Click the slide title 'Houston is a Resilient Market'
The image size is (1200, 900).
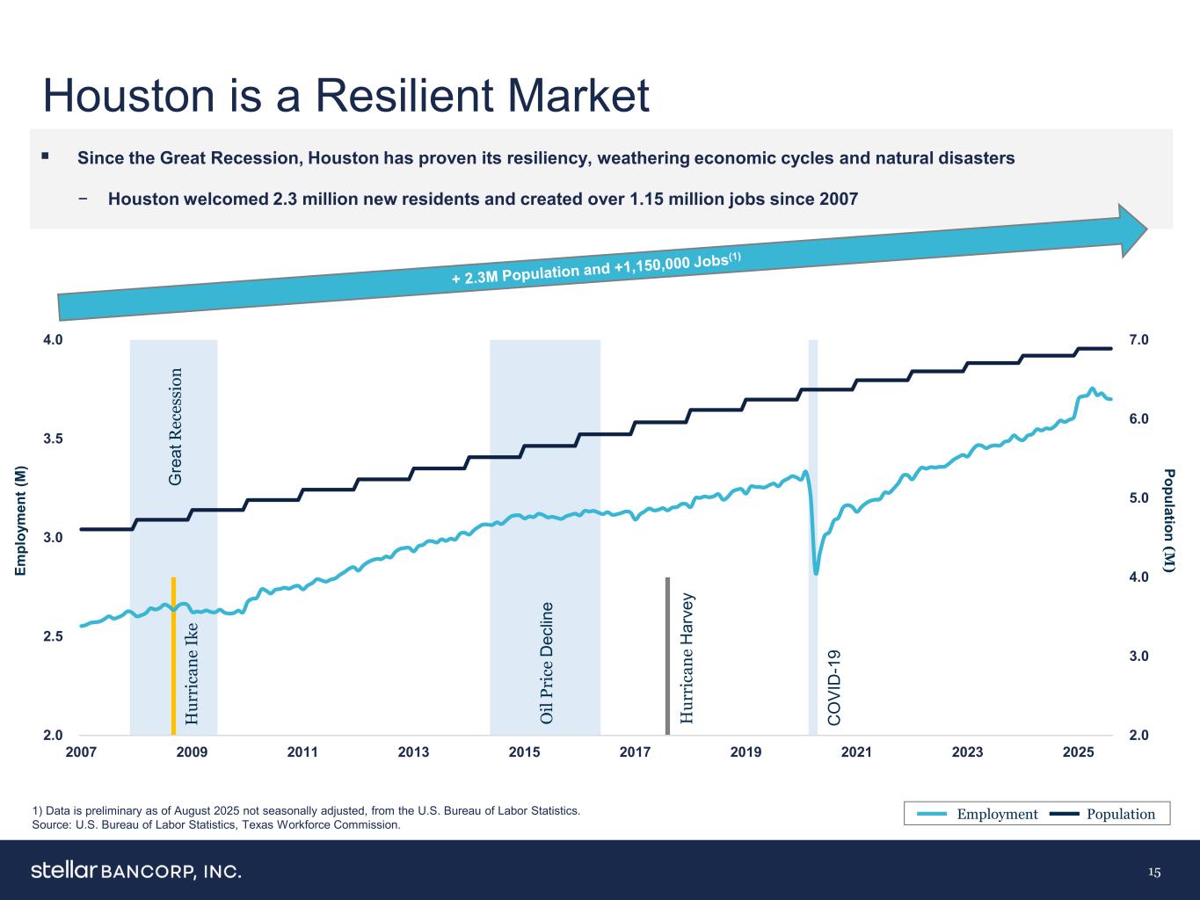pyautogui.click(x=346, y=96)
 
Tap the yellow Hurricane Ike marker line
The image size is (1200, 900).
pyautogui.click(x=173, y=655)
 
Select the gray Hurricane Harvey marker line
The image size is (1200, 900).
pyautogui.click(x=668, y=655)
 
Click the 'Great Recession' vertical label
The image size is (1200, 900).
pyautogui.click(x=176, y=427)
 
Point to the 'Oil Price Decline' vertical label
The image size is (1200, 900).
pyautogui.click(x=547, y=663)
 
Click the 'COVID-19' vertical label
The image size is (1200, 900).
pyautogui.click(x=835, y=687)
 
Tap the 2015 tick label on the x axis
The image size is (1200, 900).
pyautogui.click(x=524, y=752)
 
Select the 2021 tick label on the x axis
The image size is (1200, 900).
pyautogui.click(x=856, y=752)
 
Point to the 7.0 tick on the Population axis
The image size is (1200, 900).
pyautogui.click(x=1140, y=340)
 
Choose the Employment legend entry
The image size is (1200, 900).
pyautogui.click(x=978, y=814)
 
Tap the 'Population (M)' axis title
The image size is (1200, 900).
pyautogui.click(x=1168, y=521)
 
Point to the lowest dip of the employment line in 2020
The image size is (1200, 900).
pyautogui.click(x=816, y=573)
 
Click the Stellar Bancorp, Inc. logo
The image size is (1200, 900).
pyautogui.click(x=135, y=871)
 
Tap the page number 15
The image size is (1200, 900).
pyautogui.click(x=1154, y=872)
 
